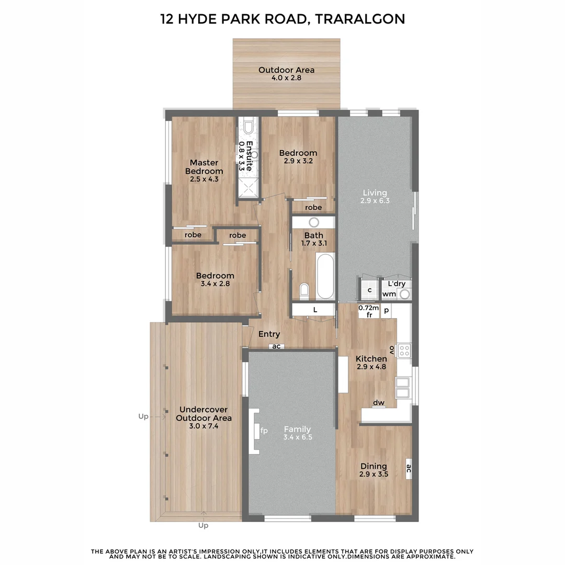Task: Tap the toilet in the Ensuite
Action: [x=248, y=127]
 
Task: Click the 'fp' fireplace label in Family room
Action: [x=264, y=431]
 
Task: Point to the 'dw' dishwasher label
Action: [x=379, y=403]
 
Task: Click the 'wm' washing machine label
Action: [x=389, y=294]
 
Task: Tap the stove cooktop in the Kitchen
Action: [x=404, y=349]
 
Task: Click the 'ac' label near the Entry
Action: [x=277, y=346]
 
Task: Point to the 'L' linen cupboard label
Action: [x=315, y=310]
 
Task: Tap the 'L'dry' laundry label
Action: [x=397, y=284]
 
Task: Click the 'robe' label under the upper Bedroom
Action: [x=313, y=208]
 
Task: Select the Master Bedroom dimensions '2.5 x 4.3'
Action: [x=204, y=179]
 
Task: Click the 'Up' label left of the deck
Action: [x=143, y=416]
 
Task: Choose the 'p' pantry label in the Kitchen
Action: [x=386, y=310]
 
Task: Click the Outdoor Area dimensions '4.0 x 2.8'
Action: [x=286, y=78]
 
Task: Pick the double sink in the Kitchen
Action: [x=403, y=388]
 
